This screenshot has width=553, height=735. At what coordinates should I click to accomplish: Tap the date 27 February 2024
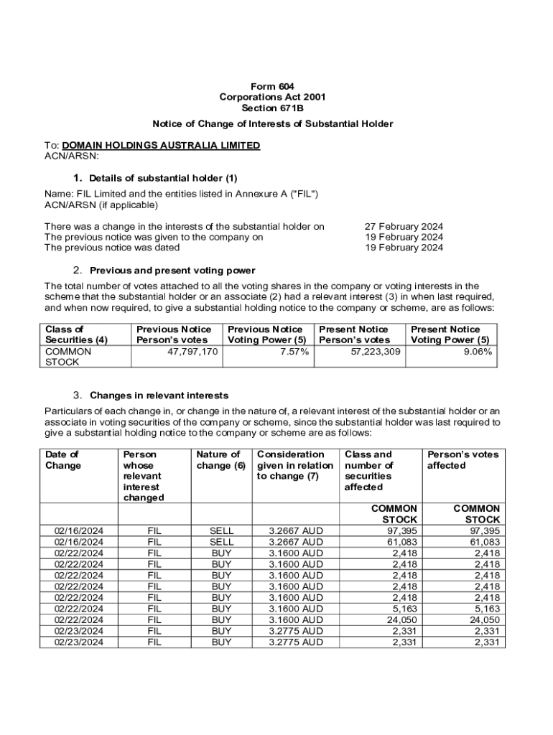coord(404,226)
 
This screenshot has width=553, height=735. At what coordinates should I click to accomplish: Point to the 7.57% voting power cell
coord(294,352)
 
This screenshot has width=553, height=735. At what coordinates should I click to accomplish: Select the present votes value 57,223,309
coord(371,352)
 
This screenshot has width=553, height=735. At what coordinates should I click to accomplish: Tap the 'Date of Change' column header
coord(62,460)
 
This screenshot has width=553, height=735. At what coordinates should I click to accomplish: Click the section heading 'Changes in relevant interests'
coord(159,395)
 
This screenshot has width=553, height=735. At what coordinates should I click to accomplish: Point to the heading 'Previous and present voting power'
coord(172,271)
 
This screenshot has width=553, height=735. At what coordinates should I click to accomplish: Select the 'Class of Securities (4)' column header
coord(76,334)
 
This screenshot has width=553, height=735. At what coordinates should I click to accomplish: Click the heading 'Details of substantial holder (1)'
coord(163,178)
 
